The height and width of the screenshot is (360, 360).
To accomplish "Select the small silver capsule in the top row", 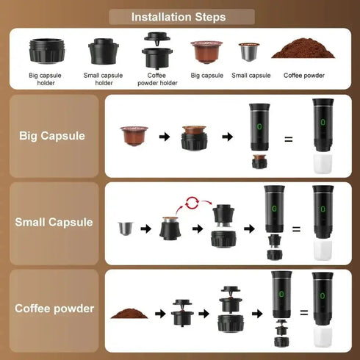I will (249, 51).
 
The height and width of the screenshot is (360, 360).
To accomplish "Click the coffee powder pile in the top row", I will (301, 50).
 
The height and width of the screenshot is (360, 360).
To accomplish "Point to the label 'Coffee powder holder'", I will (156, 79).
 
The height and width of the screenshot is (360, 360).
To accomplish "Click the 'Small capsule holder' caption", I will (104, 79).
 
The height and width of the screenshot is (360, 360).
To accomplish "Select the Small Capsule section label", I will (54, 221).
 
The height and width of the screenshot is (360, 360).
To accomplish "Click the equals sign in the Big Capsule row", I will (288, 137).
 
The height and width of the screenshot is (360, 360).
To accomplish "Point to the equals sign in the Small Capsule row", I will (296, 229).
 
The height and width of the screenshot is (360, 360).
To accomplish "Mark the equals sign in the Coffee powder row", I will (303, 313).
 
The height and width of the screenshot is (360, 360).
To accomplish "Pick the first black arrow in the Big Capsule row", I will (165, 136).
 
